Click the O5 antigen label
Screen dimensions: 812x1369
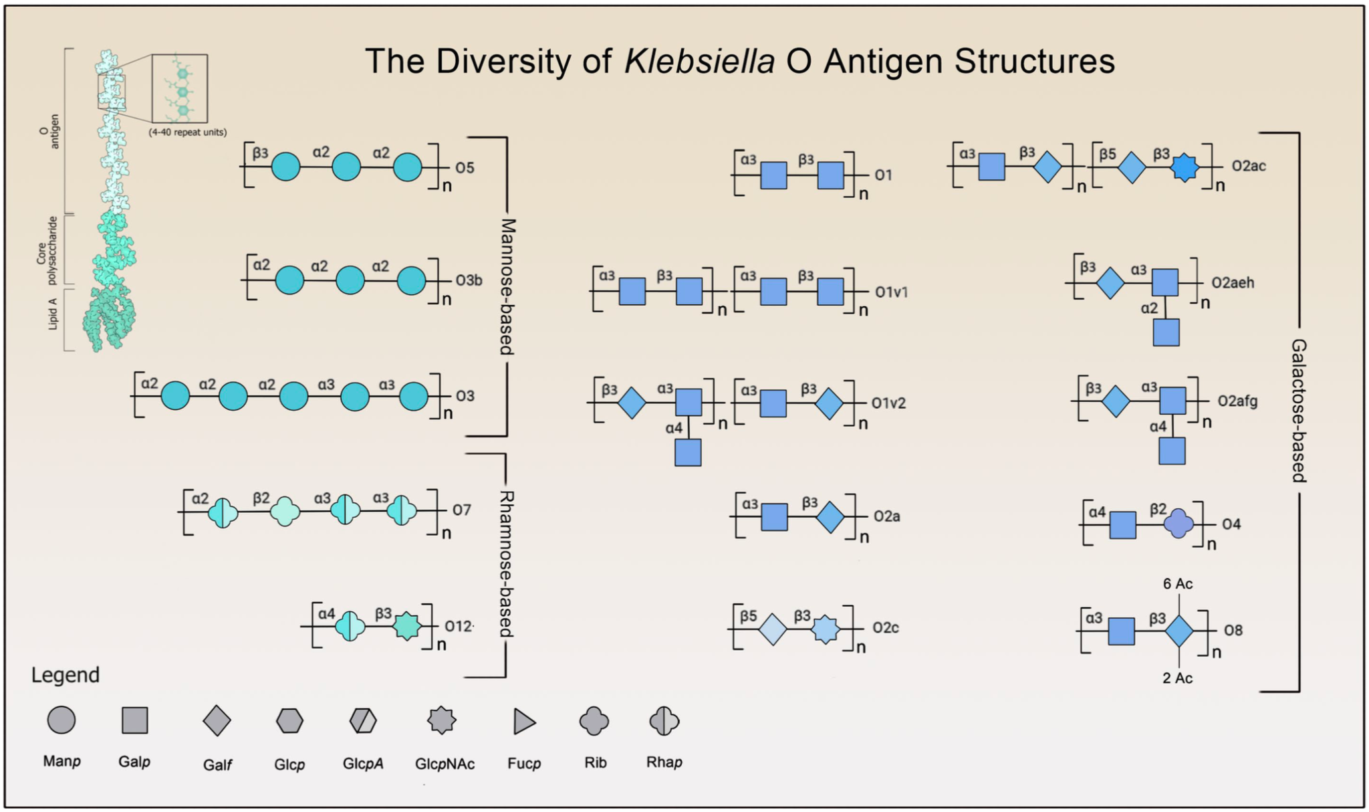[x=465, y=168]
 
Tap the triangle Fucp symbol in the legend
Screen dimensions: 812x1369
[x=524, y=722]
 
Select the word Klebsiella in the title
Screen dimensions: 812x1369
[x=699, y=61]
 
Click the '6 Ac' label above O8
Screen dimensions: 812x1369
[x=1177, y=584]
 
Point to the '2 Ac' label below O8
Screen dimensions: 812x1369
[x=1177, y=678]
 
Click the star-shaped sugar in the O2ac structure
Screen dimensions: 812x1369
[x=1185, y=168]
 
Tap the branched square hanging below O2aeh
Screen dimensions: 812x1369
[x=1166, y=332]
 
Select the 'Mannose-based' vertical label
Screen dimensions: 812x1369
[x=507, y=286]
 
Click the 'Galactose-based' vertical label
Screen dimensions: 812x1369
[x=1298, y=410]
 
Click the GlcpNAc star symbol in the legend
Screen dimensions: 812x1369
[x=442, y=720]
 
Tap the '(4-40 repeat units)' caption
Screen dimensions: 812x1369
[x=188, y=132]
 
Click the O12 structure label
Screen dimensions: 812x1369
[x=459, y=626]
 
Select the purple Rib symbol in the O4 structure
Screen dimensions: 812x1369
[x=1178, y=524]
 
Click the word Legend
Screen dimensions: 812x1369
[x=66, y=675]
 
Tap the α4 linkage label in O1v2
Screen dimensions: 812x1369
[x=674, y=427]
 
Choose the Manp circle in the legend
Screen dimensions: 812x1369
[x=61, y=720]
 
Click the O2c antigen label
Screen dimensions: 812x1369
[x=885, y=627]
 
